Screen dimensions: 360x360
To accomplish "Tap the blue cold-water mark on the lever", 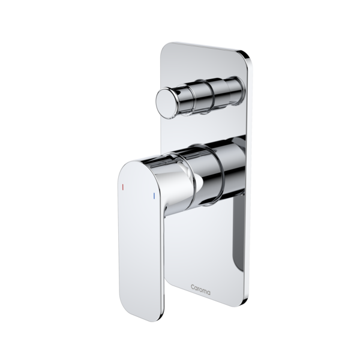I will [154, 197].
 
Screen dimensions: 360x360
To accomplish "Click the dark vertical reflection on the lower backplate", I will [236, 234].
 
